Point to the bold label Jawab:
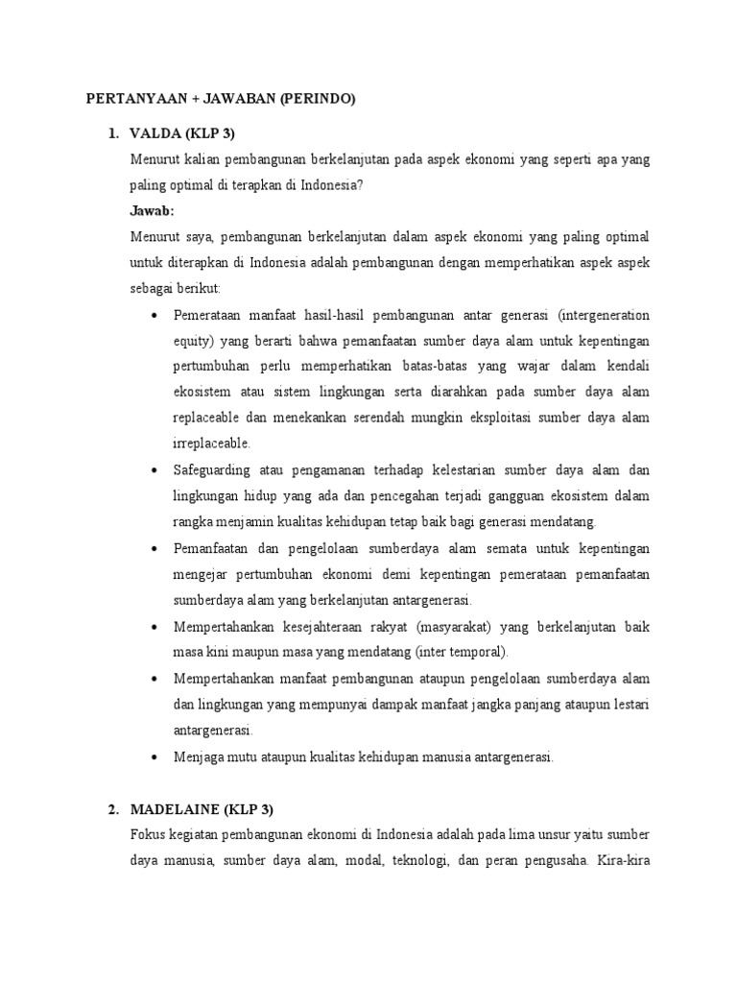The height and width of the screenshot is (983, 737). pyautogui.click(x=153, y=210)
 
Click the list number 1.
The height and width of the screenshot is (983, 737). pyautogui.click(x=112, y=132)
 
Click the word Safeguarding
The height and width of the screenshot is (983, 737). pyautogui.click(x=212, y=470)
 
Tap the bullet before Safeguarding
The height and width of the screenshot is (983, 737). pyautogui.click(x=157, y=470)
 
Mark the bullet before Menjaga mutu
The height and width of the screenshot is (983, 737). pyautogui.click(x=157, y=756)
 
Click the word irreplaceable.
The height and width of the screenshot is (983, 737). pyautogui.click(x=212, y=444)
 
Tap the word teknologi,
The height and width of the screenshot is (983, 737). pyautogui.click(x=418, y=860)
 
